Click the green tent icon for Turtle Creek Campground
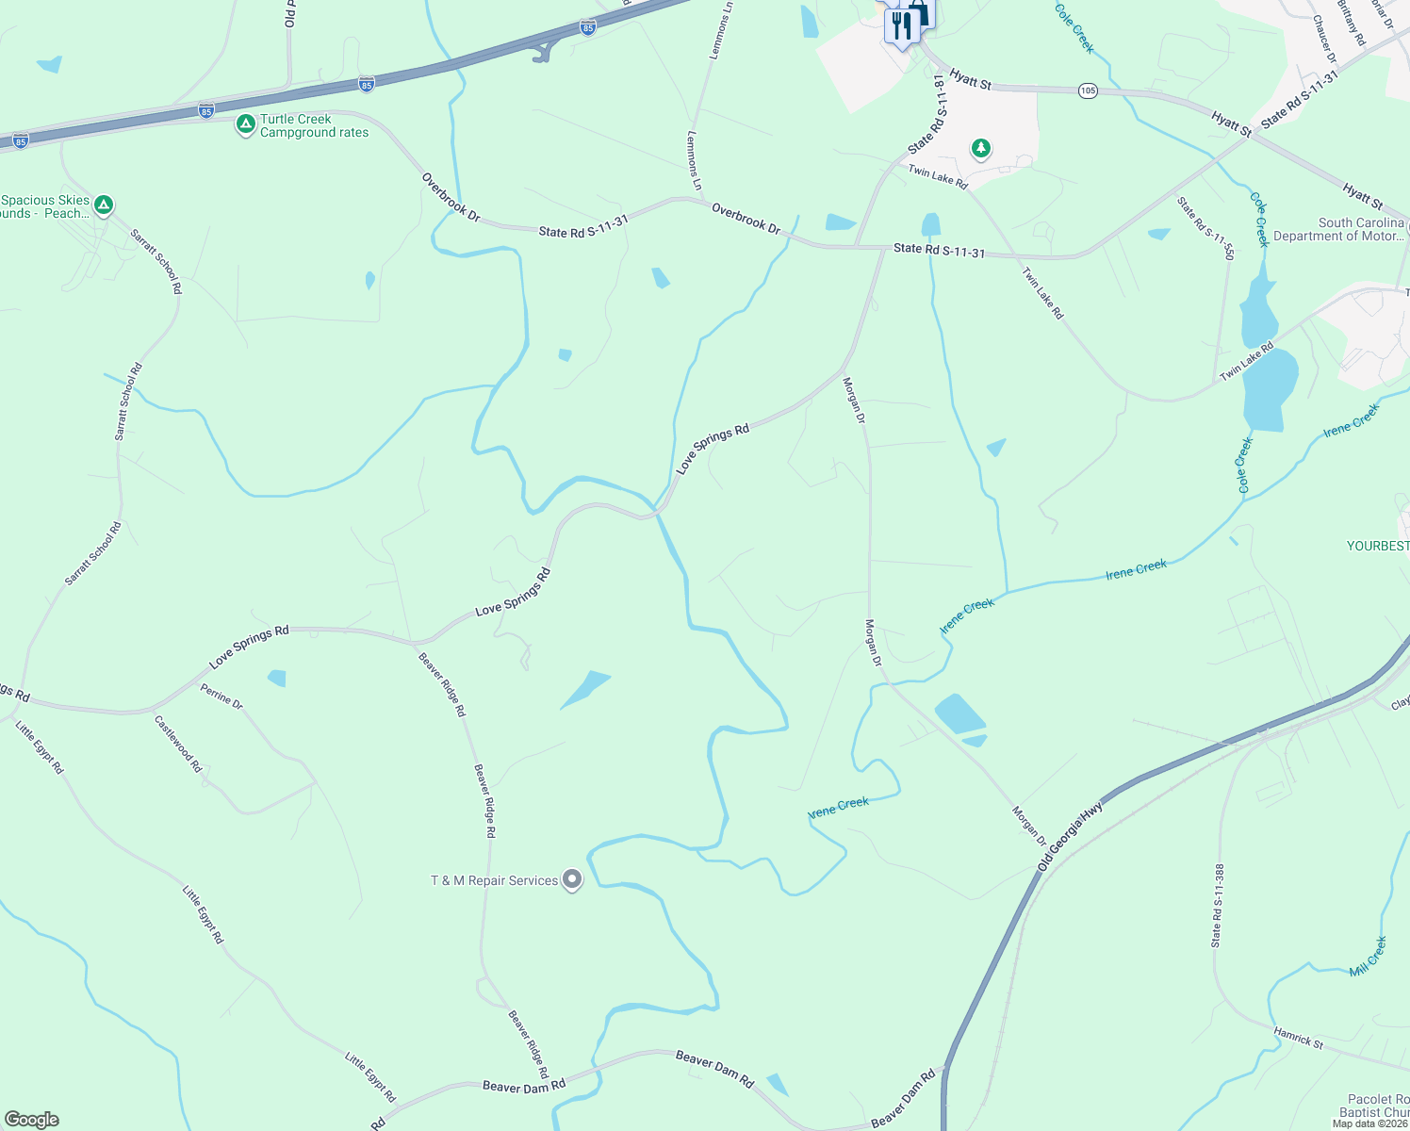245,124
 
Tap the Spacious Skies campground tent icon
104,205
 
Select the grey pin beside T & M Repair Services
572,880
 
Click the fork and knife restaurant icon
901,25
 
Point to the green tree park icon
981,148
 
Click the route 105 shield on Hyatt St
1089,90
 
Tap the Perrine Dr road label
221,697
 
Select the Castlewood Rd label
178,744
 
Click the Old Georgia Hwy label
1070,837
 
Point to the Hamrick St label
1299,1038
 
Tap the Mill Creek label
1368,956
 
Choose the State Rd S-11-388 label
1218,906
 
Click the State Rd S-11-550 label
1205,227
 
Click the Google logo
32,1120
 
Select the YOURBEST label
1378,546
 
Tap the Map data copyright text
1369,1123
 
